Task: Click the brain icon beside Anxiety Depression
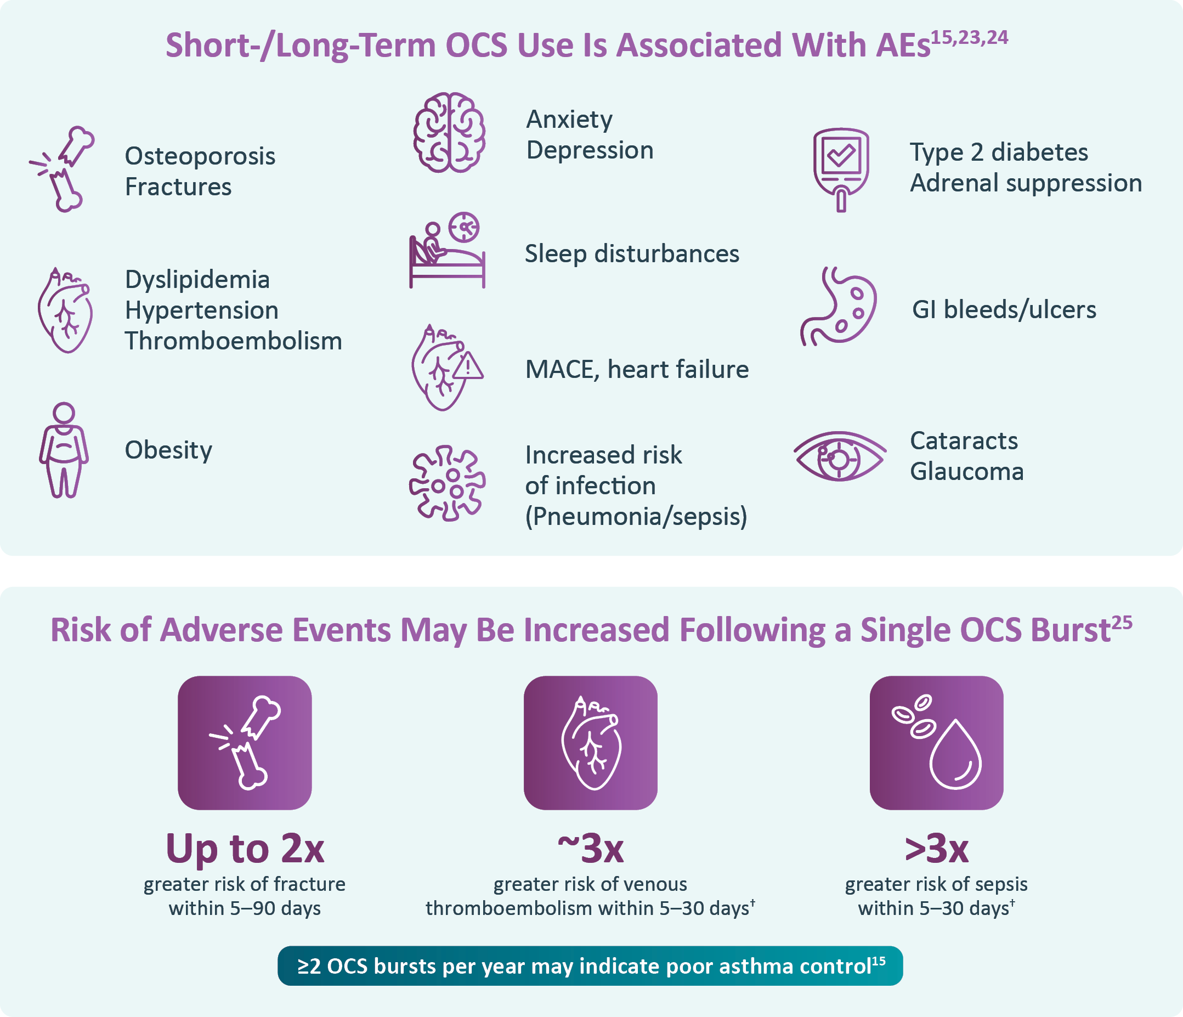tap(449, 133)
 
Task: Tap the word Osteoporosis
tap(200, 156)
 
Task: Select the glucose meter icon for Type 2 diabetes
tap(840, 169)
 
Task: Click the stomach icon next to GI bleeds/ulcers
tap(838, 307)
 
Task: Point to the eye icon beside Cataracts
tap(839, 456)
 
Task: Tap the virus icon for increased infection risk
tap(447, 483)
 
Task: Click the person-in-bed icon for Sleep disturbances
tap(447, 250)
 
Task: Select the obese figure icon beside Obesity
tap(64, 450)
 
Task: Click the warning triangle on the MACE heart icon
tap(468, 365)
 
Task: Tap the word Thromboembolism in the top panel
tap(234, 341)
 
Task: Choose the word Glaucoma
tap(966, 472)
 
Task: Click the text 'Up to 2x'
tap(245, 848)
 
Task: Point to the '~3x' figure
tap(590, 849)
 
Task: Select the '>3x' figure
tap(936, 849)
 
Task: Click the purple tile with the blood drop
tap(936, 743)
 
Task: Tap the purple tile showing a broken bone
tap(245, 743)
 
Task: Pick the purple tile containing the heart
tap(590, 743)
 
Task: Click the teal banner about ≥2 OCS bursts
tap(590, 965)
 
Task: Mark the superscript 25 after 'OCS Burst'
tap(1122, 623)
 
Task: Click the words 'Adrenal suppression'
tap(1026, 183)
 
